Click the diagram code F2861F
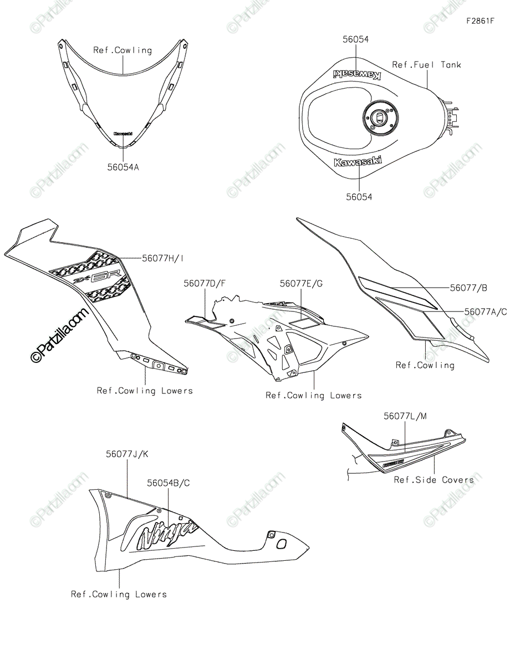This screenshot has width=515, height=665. (x=480, y=22)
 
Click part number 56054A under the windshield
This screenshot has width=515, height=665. (x=123, y=166)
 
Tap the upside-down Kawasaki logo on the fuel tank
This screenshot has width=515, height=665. (x=356, y=75)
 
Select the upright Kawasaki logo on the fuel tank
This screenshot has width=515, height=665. (x=357, y=161)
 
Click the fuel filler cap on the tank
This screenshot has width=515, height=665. (x=378, y=117)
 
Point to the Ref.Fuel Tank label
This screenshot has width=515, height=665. (x=426, y=65)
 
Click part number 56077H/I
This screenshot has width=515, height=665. (x=163, y=258)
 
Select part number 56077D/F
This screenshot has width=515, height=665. (x=205, y=283)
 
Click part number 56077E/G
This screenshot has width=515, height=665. (x=301, y=283)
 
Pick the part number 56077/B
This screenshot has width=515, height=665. (x=469, y=288)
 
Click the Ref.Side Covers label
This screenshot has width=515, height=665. (x=434, y=480)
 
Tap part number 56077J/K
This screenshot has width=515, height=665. (x=127, y=454)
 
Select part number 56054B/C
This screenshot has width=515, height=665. (x=169, y=483)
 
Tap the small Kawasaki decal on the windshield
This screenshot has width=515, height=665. (x=123, y=134)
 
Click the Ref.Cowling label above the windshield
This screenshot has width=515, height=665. (x=123, y=50)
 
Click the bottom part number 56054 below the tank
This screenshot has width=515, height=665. (x=359, y=197)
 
